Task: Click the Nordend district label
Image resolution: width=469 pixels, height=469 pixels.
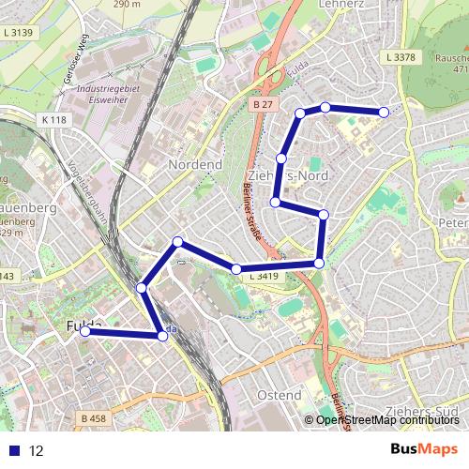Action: [x=194, y=164]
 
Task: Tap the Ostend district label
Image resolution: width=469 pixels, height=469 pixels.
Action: [x=278, y=395]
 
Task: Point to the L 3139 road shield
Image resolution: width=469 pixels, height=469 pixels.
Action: [x=17, y=33]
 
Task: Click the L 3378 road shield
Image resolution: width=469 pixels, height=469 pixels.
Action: [x=400, y=57]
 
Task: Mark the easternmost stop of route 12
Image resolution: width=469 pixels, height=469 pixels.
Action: [x=384, y=113]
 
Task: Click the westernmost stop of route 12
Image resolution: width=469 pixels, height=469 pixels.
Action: [x=85, y=330]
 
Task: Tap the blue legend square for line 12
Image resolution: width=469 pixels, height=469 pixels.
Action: [x=14, y=450]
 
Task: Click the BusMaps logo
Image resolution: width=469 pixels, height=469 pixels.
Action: [x=424, y=449]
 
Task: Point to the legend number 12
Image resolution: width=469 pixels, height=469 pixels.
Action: [x=37, y=450]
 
